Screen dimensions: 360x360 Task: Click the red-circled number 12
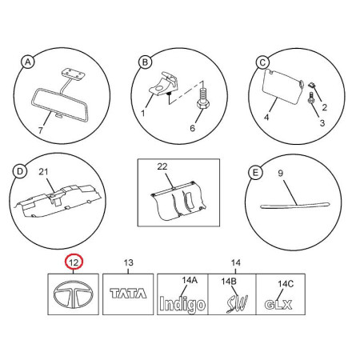point(74,262)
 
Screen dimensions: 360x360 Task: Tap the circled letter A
point(28,62)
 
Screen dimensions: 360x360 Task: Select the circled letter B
point(145,62)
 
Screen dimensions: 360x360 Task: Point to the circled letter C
point(262,63)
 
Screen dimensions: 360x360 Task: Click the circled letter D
point(20,171)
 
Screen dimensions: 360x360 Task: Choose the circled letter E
point(255,173)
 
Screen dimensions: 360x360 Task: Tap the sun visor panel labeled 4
point(283,86)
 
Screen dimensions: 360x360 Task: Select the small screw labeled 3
point(310,98)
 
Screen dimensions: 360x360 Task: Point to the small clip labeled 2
point(311,86)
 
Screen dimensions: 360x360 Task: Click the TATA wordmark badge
point(128,294)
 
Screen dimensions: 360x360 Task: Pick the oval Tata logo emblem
point(74,294)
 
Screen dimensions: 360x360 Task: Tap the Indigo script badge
point(182,305)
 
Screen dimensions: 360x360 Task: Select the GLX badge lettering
point(278,305)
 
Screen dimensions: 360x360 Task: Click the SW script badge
point(237,304)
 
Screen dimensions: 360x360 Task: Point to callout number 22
point(162,166)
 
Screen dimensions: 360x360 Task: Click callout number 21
point(43,172)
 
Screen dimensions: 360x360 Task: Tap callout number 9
point(280,174)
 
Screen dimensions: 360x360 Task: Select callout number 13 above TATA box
point(128,262)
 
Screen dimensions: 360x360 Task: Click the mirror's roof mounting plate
point(72,73)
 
